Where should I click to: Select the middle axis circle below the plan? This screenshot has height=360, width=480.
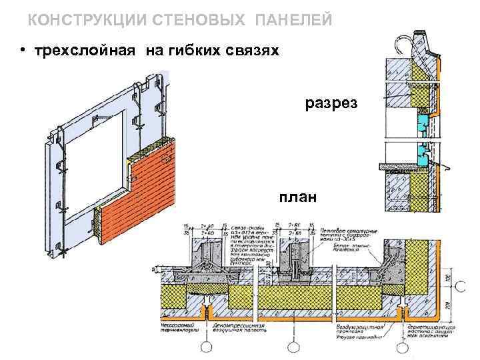click(x=291, y=347)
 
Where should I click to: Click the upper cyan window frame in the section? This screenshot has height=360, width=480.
click(x=421, y=122)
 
